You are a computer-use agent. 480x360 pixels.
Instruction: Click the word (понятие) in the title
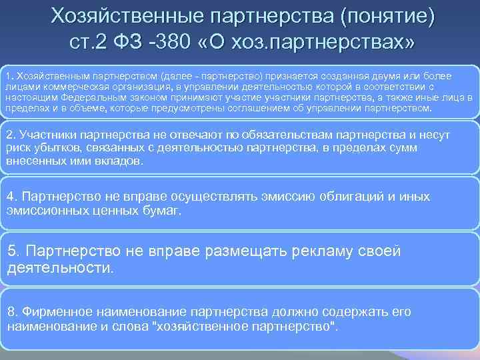click(387, 15)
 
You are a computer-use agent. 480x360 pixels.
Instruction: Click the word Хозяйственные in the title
click(125, 15)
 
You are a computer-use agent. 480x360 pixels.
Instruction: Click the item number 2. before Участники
click(11, 135)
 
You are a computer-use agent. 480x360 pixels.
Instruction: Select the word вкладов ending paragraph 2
click(120, 161)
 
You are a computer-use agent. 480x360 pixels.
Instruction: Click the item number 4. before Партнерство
click(11, 197)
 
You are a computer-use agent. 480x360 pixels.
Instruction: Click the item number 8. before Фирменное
click(11, 312)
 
